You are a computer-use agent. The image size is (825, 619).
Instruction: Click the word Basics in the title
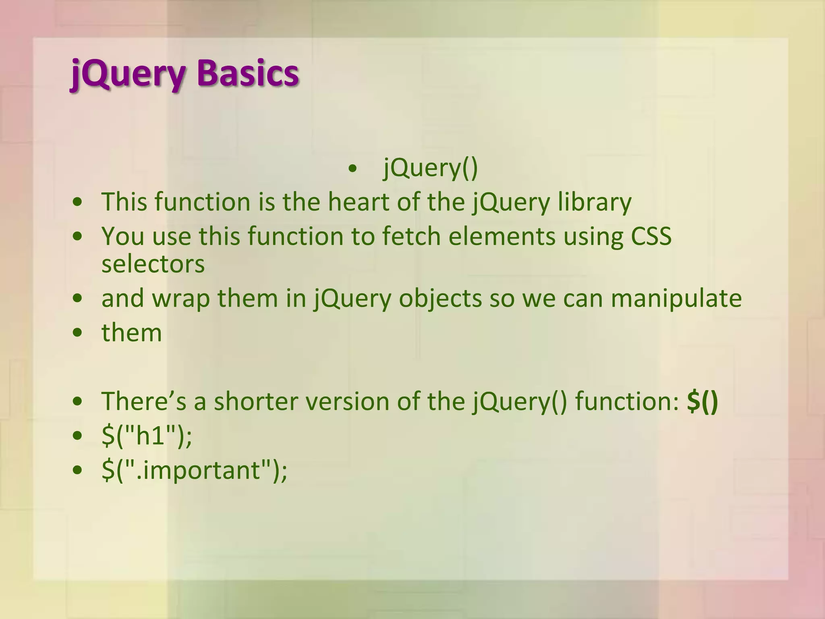pos(248,74)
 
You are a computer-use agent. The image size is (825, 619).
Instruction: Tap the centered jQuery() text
pos(430,168)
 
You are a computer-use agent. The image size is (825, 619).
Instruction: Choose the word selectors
pos(153,264)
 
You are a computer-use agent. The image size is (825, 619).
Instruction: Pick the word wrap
pos(181,299)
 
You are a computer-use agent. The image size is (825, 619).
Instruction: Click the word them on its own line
pos(132,333)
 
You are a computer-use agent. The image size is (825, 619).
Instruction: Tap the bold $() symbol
pos(702,401)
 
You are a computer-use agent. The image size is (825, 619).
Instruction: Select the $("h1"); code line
pos(147,436)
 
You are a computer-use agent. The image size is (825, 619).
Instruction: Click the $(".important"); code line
pos(195,470)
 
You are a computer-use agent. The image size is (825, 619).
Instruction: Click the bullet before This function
pos(78,202)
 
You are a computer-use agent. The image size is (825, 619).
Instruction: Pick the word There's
pos(144,401)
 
